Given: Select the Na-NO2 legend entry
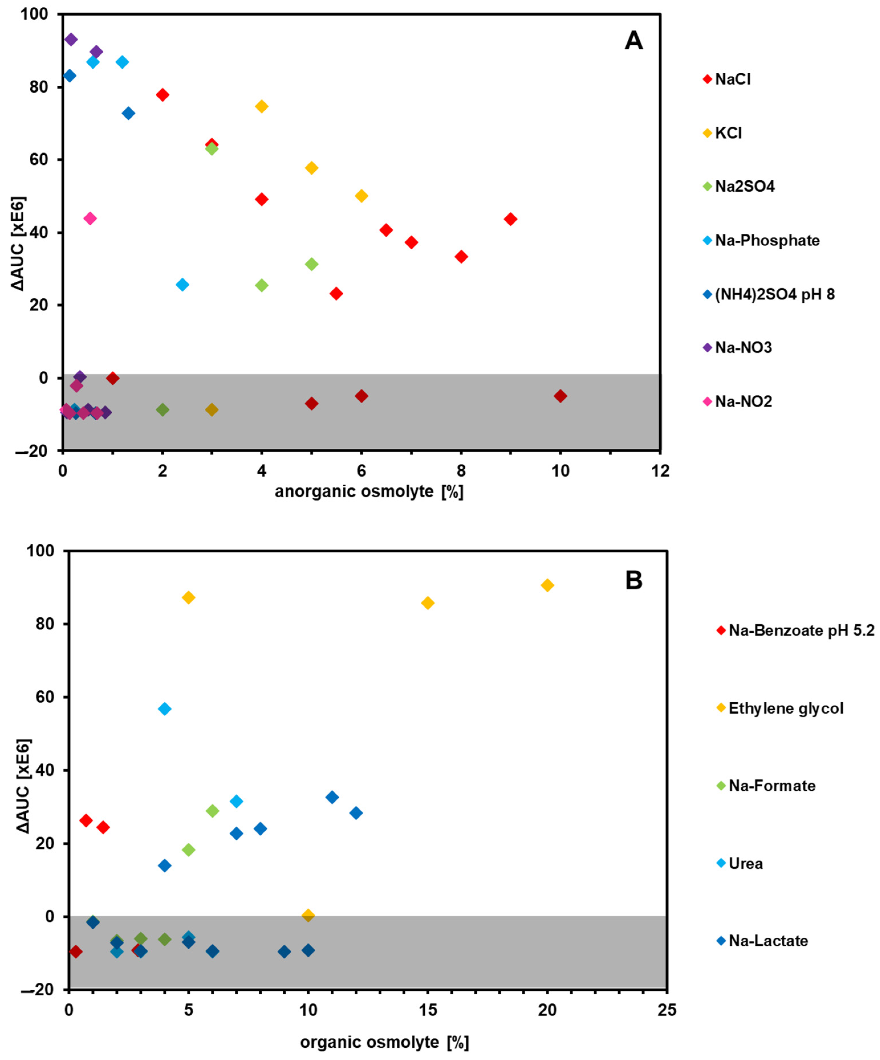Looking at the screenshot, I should [743, 402].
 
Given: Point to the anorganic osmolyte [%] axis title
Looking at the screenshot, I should [369, 492].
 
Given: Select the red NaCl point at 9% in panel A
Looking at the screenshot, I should [510, 219].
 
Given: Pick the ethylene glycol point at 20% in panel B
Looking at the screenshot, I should [547, 585].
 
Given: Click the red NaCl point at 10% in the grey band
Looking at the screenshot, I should [560, 396].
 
